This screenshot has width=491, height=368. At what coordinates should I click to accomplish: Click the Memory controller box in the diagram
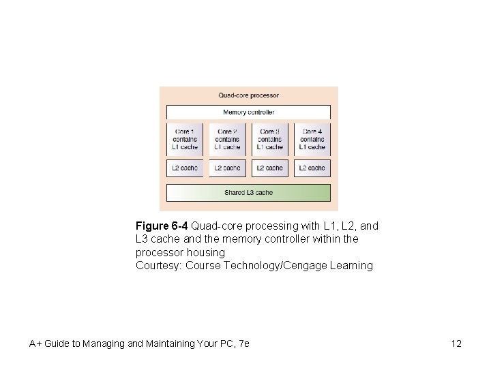coord(248,112)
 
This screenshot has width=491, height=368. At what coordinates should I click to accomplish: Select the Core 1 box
coord(185,139)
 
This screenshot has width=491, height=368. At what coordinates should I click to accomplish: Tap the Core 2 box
coord(227,139)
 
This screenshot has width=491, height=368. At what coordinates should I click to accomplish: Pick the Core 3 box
coord(269,139)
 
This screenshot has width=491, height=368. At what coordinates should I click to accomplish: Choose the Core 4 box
coord(312,139)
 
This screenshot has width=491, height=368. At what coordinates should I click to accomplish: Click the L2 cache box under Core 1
coord(185,168)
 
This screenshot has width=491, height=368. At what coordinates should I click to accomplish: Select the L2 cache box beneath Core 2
coord(227,168)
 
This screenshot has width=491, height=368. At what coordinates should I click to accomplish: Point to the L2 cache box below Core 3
coord(269,168)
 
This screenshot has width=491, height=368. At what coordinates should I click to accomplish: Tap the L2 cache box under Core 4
coord(312,168)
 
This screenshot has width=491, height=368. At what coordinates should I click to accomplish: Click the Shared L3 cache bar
coord(248,193)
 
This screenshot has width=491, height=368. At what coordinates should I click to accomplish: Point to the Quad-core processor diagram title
coord(248,95)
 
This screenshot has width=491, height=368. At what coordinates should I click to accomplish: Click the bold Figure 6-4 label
coord(162,226)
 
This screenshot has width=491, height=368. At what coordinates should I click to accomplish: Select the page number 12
coord(456,343)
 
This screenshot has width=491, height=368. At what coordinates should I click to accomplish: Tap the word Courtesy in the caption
coord(157,266)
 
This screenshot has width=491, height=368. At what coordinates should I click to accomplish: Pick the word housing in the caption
coord(205,252)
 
